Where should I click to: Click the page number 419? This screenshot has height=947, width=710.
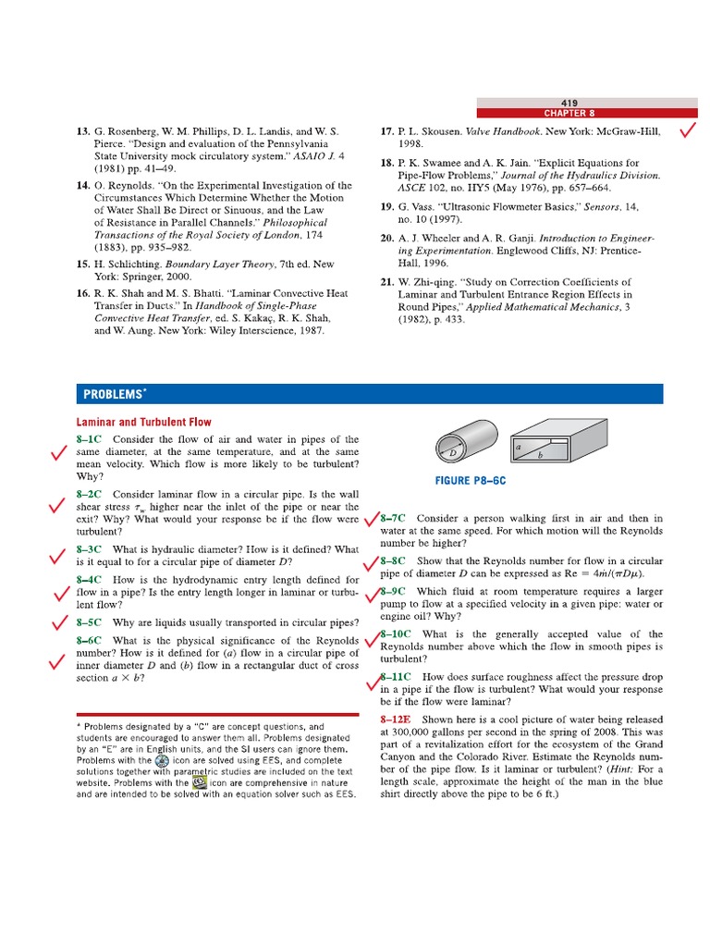(x=569, y=102)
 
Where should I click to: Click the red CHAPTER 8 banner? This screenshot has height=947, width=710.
(x=569, y=113)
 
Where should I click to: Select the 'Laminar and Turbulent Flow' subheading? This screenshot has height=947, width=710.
(x=143, y=422)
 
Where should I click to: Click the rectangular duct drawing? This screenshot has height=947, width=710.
(x=541, y=449)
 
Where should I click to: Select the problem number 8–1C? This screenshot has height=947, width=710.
(x=90, y=439)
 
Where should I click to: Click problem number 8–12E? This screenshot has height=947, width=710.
(x=398, y=719)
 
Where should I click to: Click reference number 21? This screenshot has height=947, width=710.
(x=387, y=282)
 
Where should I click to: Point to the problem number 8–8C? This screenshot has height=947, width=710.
(x=393, y=560)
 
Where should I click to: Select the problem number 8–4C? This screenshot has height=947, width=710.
(x=90, y=580)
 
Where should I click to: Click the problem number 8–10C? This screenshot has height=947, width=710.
(x=396, y=634)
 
